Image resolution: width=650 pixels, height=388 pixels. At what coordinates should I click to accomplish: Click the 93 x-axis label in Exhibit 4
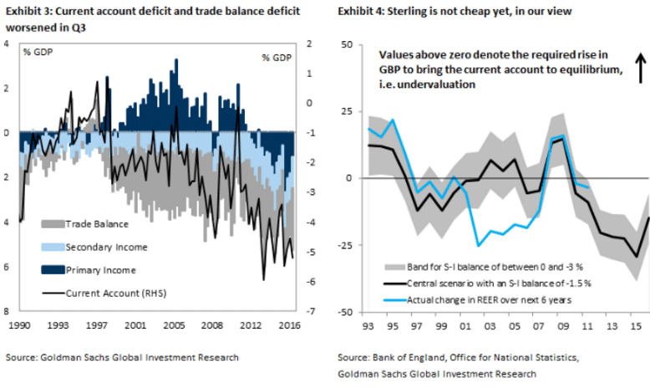[368, 324]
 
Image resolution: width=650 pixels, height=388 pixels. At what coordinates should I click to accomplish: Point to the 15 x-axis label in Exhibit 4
[636, 324]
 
